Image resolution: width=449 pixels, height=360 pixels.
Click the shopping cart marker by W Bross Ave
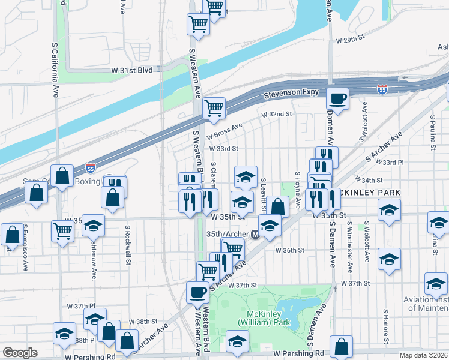(214, 109)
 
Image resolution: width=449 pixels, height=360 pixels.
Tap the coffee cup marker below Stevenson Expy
(338, 98)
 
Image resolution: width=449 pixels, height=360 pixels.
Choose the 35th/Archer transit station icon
(255, 235)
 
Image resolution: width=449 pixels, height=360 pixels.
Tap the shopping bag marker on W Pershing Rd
(341, 346)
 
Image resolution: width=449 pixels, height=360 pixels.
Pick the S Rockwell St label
(128, 245)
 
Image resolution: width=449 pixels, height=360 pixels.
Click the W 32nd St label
(276, 113)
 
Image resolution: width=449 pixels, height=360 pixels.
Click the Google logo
(20, 353)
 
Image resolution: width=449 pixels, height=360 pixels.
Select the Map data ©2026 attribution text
(424, 355)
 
